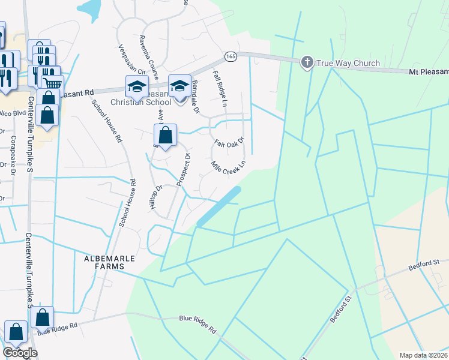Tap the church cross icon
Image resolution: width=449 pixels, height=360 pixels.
tap(307, 62)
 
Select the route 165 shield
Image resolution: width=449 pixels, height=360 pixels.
tap(230, 56)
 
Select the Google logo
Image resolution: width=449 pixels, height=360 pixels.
tap(20, 353)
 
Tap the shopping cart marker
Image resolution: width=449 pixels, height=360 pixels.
tap(53, 85)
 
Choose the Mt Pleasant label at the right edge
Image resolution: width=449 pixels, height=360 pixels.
tap(428, 72)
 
